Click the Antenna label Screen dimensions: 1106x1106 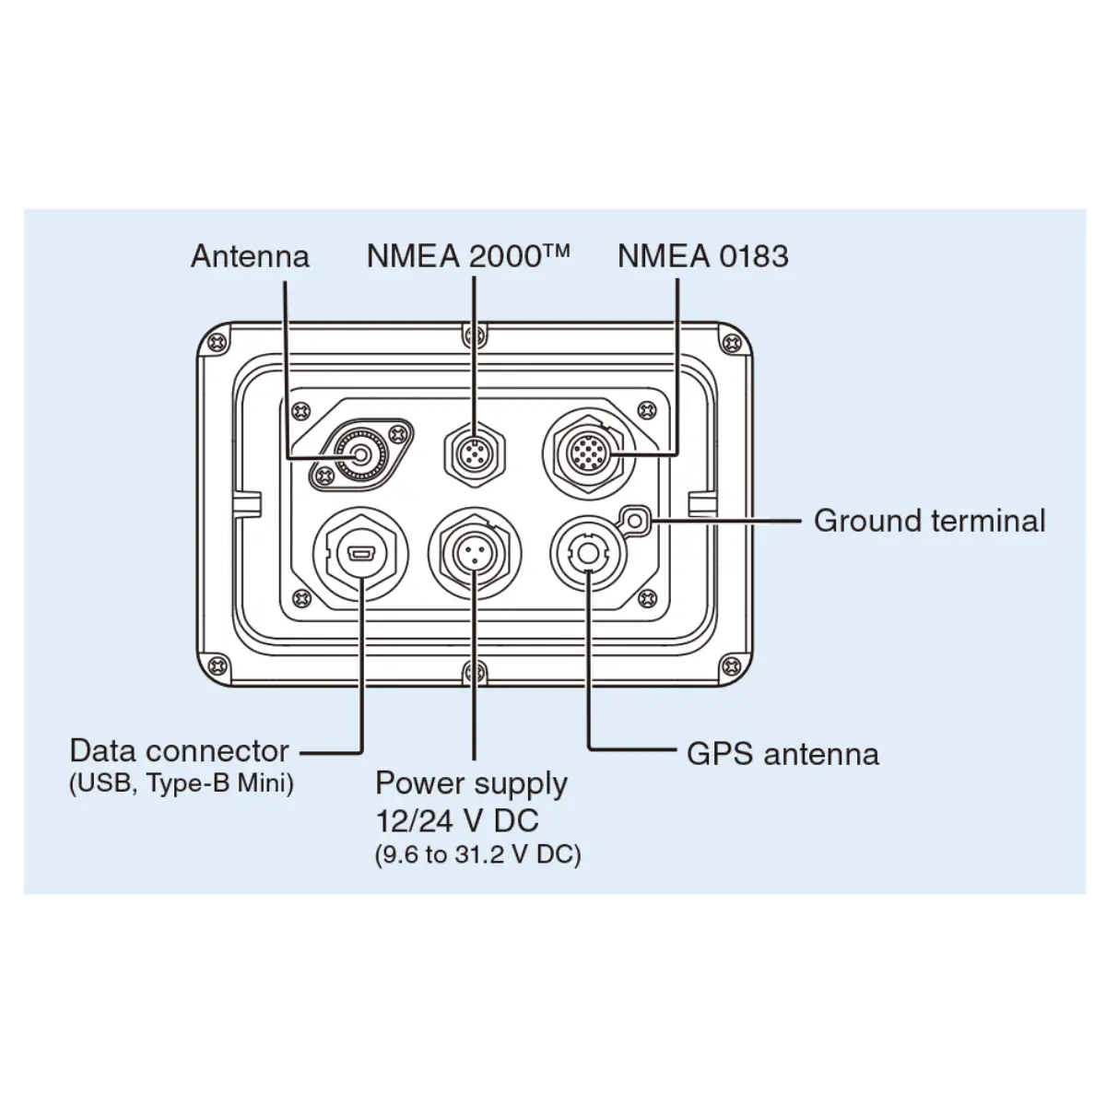click(250, 256)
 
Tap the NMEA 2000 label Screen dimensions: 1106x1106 click(468, 255)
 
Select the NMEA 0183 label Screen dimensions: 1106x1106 click(702, 256)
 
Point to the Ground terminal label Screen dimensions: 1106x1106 click(929, 521)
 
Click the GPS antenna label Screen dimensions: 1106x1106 click(782, 754)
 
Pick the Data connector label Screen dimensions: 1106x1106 click(180, 750)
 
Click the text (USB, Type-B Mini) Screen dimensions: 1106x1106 click(182, 784)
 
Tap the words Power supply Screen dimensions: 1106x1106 click(471, 783)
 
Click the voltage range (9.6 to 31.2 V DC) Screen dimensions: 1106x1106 click(478, 854)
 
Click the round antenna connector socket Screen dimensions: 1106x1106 click(359, 453)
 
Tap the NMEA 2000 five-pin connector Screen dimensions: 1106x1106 click(473, 454)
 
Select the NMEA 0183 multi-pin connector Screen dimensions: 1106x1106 click(588, 452)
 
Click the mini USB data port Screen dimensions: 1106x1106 click(360, 556)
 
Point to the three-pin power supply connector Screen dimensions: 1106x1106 click(474, 554)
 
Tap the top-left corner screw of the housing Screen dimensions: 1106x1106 click(218, 341)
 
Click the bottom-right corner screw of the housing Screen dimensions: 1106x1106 click(731, 665)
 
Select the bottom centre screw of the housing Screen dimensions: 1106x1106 click(474, 670)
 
